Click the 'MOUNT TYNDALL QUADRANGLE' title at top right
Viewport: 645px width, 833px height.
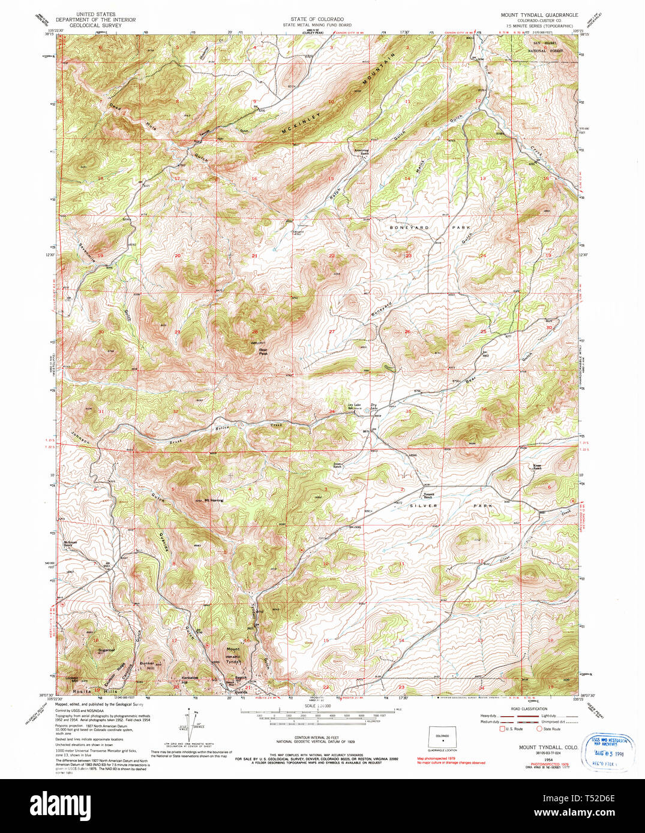click(x=539, y=14)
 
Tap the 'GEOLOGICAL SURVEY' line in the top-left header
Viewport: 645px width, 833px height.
click(x=95, y=26)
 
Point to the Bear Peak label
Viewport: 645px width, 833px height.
click(x=263, y=352)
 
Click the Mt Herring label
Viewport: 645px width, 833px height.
click(x=214, y=500)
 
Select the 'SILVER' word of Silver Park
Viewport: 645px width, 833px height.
click(x=424, y=506)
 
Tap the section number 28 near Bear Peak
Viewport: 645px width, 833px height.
click(x=255, y=331)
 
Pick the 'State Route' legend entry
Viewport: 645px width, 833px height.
click(x=551, y=729)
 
